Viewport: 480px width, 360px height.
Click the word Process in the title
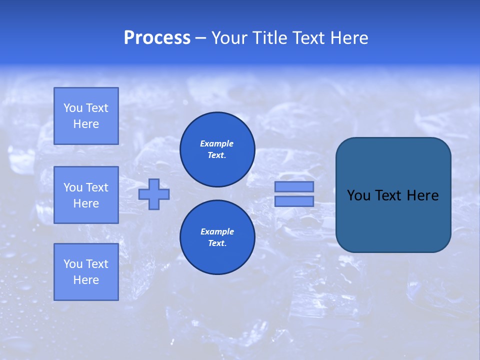(157, 38)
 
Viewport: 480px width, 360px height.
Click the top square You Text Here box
(86, 116)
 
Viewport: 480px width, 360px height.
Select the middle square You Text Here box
(86, 195)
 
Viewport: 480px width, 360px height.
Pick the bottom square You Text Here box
(86, 272)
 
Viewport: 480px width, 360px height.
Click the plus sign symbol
(154, 194)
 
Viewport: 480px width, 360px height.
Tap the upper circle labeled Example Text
(217, 149)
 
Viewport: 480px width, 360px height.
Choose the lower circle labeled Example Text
(217, 237)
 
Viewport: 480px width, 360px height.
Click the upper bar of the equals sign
(294, 186)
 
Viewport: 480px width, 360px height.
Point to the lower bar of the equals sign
(294, 201)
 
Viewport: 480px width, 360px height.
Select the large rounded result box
(393, 220)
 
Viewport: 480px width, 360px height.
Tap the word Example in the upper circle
(217, 143)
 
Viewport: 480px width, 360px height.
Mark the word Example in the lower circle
(217, 231)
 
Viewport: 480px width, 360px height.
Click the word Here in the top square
(86, 124)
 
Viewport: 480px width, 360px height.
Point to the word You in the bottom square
(73, 264)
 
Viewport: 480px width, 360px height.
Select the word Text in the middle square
(97, 187)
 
